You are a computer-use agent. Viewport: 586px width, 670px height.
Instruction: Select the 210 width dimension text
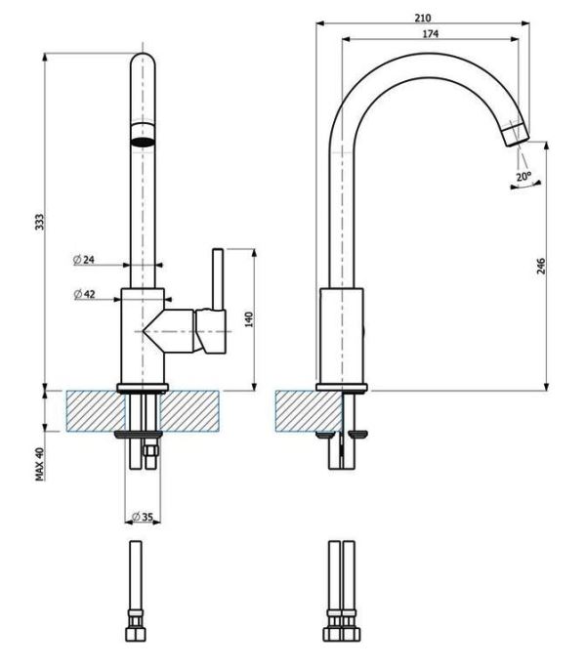pyautogui.click(x=422, y=18)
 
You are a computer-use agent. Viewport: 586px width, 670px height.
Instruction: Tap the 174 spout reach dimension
pyautogui.click(x=430, y=34)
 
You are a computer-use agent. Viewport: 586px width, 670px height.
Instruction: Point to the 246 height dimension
pyautogui.click(x=540, y=266)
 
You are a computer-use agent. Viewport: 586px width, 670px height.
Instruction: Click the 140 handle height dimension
pyautogui.click(x=249, y=318)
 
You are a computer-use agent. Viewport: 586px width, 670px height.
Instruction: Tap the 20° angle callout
pyautogui.click(x=523, y=177)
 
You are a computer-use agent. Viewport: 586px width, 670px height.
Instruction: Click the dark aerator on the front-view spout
pyautogui.click(x=143, y=137)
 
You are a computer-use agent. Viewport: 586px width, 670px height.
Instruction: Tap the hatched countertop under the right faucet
pyautogui.click(x=298, y=410)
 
